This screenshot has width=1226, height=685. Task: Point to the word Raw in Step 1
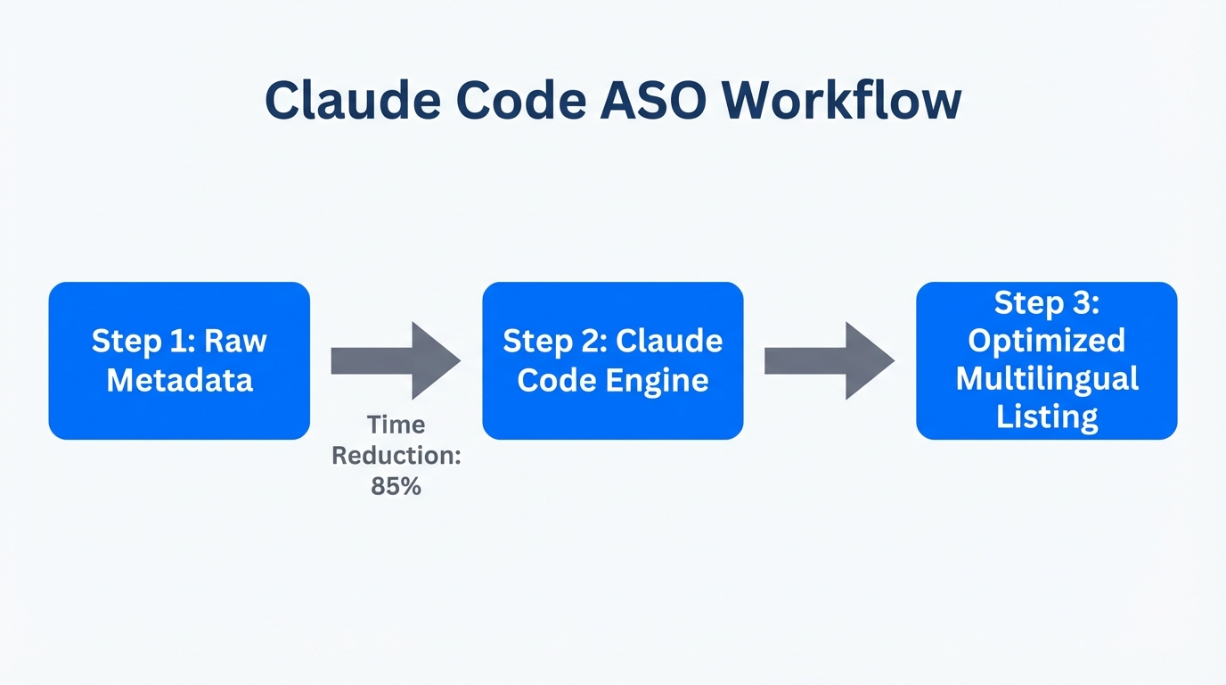pos(236,342)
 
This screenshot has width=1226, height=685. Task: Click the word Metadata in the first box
pos(179,380)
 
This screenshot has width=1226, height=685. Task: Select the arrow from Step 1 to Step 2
pos(395,360)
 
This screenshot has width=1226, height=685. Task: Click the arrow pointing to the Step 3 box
pos(829,360)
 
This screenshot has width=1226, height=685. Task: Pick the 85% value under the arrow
pos(396,487)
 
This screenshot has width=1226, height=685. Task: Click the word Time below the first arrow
pos(396,425)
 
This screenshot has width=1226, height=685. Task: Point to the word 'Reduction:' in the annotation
pos(396,456)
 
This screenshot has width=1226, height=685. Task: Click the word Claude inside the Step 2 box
pos(669,342)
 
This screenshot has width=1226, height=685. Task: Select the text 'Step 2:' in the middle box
pos(553,342)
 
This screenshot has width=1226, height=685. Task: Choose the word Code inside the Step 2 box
pos(557,380)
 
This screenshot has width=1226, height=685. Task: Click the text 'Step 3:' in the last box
pos(1046,303)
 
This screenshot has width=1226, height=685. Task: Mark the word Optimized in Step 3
pos(1046,341)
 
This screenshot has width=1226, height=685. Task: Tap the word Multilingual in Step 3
pos(1046,378)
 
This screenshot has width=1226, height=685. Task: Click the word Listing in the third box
pos(1046,417)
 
